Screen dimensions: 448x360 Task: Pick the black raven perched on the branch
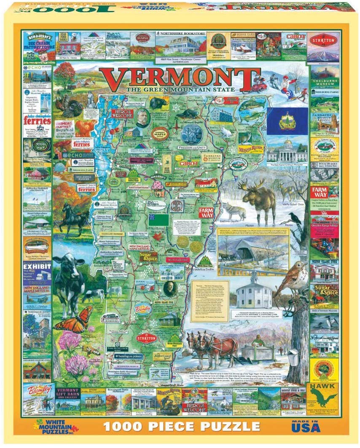coord(295,218)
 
